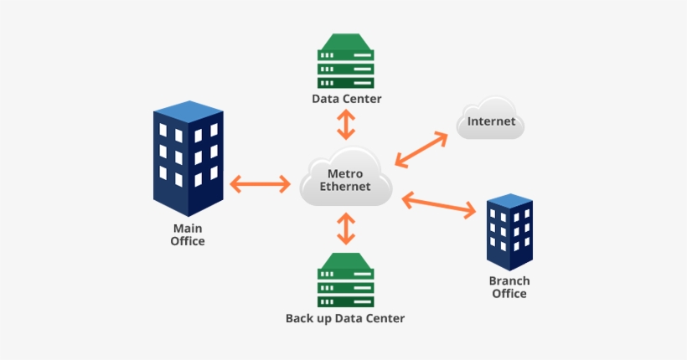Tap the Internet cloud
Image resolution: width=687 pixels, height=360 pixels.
coord(491,121)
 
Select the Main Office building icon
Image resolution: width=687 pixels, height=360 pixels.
coord(188,159)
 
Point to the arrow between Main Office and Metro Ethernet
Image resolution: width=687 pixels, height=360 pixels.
coord(260,183)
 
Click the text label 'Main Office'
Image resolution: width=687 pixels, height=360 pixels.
coord(188,234)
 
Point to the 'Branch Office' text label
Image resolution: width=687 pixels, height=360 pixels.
coord(509,287)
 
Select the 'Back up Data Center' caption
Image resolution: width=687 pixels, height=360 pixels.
coord(345,319)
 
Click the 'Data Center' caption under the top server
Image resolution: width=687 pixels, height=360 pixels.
coord(346,99)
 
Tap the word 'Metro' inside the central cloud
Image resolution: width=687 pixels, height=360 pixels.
coord(345,173)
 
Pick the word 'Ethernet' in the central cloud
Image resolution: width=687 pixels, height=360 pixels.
coord(345,187)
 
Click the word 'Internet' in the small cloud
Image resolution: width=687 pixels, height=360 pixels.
coord(491,121)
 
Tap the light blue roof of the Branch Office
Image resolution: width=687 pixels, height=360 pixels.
coord(509,201)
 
